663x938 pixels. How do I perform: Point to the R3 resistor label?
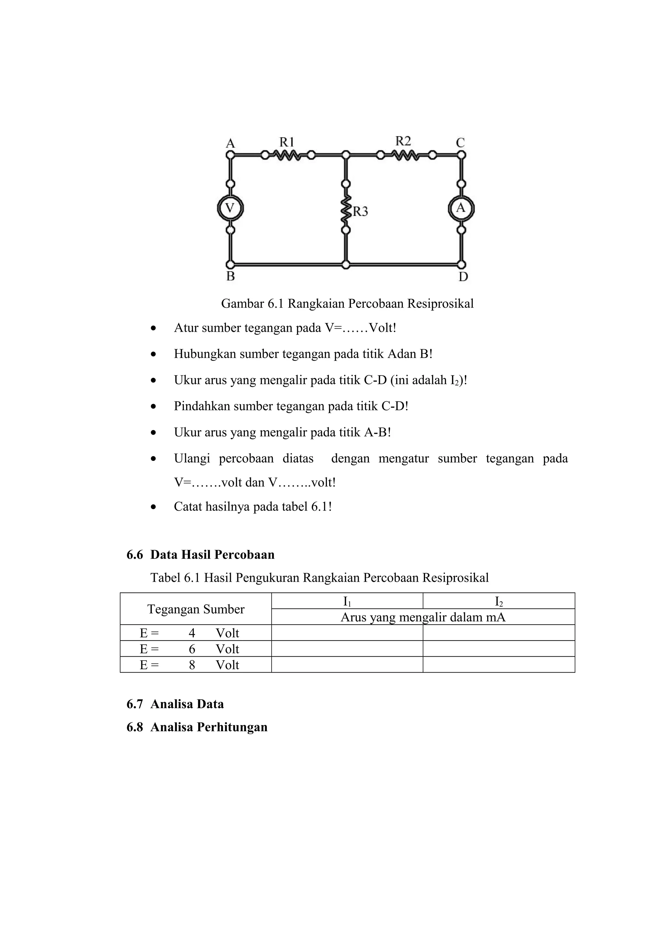pos(360,211)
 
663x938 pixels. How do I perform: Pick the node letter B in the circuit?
pos(230,277)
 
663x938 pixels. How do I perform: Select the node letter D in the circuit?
pos(463,277)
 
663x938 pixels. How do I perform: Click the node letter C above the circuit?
pos(460,143)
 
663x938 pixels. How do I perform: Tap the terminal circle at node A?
pos(230,155)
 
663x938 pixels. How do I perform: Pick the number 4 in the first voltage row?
pos(192,633)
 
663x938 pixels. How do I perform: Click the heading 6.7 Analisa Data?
pos(175,704)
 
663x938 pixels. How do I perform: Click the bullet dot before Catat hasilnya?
pos(153,508)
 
